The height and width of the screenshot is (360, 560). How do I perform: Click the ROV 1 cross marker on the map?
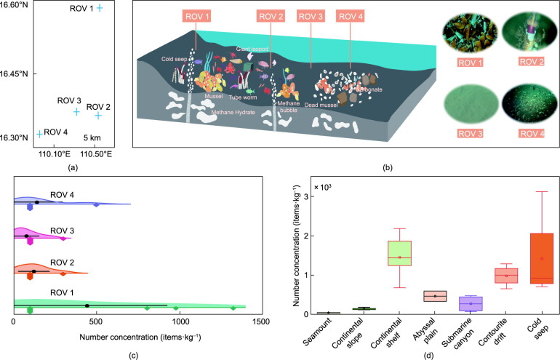(x=100, y=8)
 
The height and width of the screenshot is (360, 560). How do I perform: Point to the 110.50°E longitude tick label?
(x=95, y=153)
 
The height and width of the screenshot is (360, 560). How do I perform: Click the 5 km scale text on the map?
(x=92, y=137)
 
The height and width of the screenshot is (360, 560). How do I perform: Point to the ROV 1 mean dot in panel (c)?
(x=87, y=305)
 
